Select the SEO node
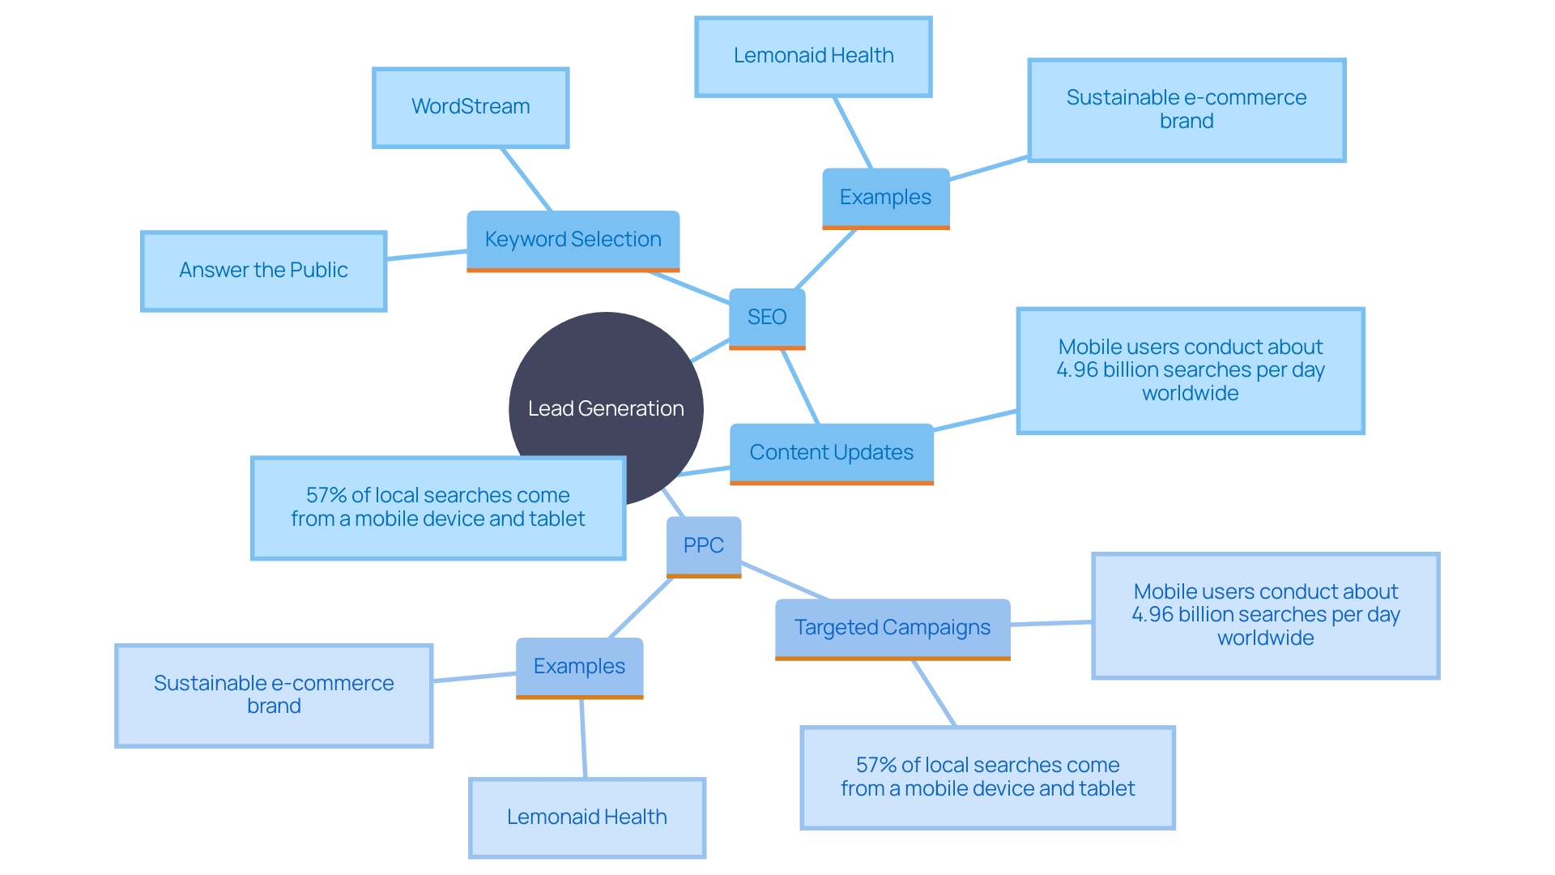[x=767, y=318]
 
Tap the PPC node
[x=704, y=546]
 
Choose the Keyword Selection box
[x=573, y=240]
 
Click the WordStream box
[x=471, y=107]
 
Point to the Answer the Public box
[x=263, y=271]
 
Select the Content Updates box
[x=832, y=453]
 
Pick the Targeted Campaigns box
[x=893, y=628]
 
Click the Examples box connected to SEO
[x=885, y=198]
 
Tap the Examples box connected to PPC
[x=579, y=667]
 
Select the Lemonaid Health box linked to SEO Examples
[x=813, y=56]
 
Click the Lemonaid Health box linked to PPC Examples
[x=587, y=817]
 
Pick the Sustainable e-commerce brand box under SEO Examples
[x=1186, y=109]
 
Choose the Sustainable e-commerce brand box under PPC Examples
[x=274, y=695]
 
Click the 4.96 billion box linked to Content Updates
[x=1191, y=370]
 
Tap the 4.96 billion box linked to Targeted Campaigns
[x=1266, y=615]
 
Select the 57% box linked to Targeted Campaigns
[x=987, y=777]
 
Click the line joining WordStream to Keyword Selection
[x=526, y=179]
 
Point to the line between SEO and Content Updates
[x=800, y=386]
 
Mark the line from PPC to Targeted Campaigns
[x=784, y=580]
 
